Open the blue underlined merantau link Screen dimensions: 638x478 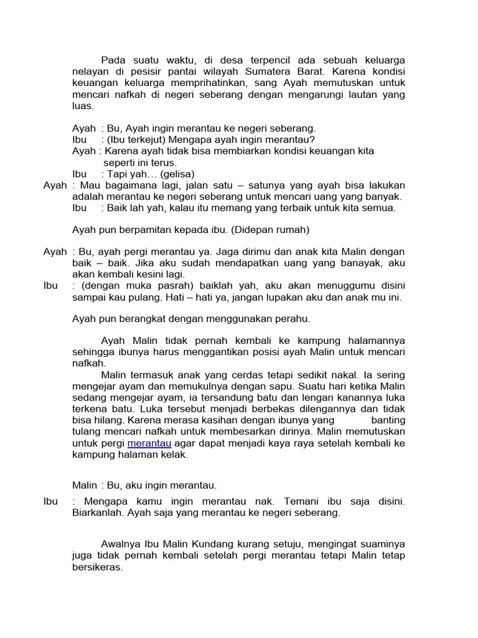[149, 443]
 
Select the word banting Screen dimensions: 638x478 [388, 421]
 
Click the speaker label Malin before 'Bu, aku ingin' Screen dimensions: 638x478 [84, 485]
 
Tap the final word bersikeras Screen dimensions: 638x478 [98, 568]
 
